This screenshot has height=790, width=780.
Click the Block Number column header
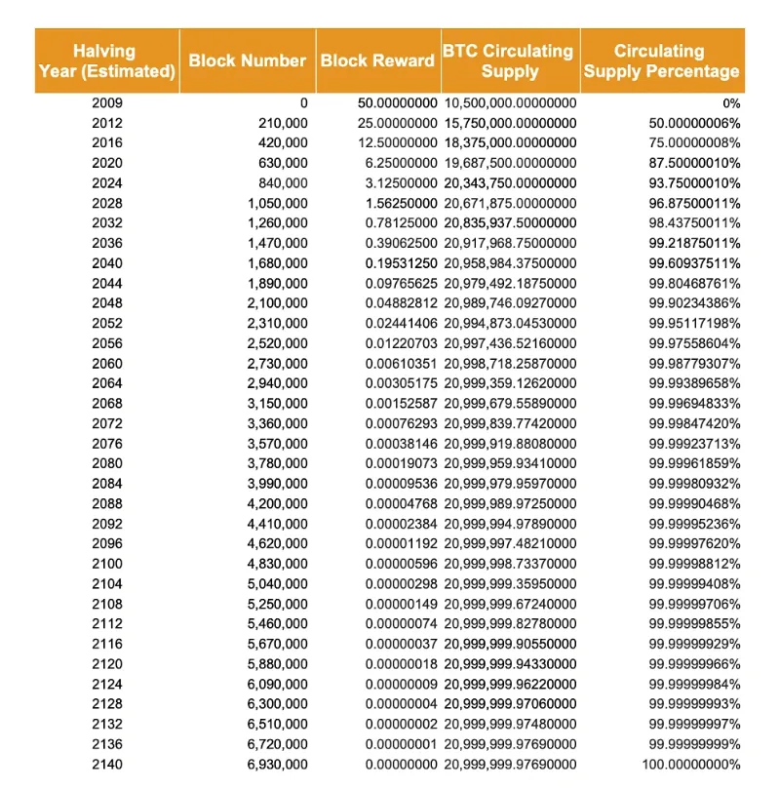tap(248, 60)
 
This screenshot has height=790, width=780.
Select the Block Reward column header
tap(377, 60)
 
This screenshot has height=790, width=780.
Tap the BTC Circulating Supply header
tap(510, 60)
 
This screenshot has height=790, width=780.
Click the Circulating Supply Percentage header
tap(661, 60)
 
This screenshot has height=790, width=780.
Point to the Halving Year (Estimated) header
tap(106, 60)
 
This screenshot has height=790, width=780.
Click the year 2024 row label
tap(106, 183)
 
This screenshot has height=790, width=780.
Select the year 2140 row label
tap(106, 765)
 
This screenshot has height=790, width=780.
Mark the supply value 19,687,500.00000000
tap(510, 163)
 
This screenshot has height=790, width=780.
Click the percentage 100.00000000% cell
tap(691, 765)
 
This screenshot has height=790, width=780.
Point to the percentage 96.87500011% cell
tap(694, 203)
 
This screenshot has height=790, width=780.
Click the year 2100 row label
tap(106, 564)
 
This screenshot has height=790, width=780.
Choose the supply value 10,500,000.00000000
tap(510, 102)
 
